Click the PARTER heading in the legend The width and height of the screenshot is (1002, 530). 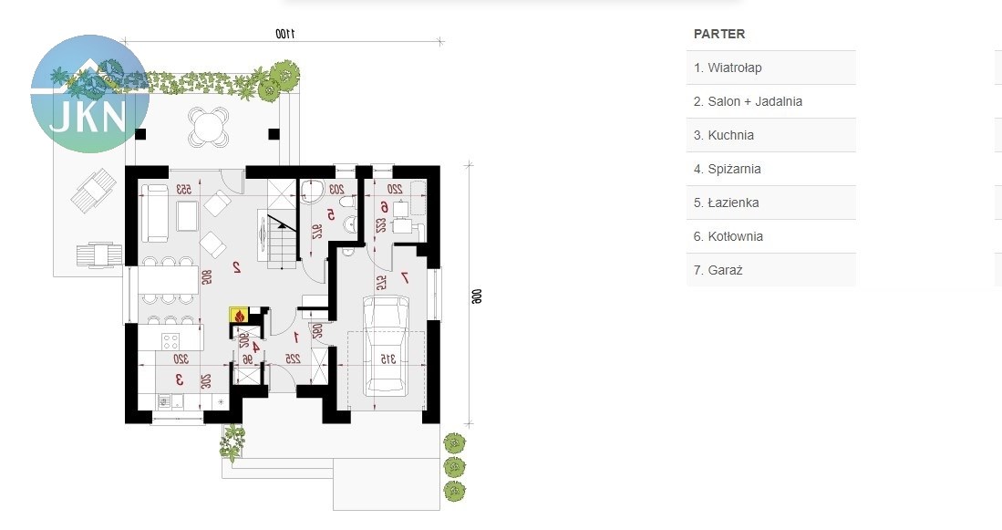[x=719, y=34]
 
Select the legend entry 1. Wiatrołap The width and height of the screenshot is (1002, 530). [x=728, y=68]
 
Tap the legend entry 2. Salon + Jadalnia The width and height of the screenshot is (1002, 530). [x=748, y=101]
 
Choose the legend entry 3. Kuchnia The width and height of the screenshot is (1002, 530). [x=724, y=135]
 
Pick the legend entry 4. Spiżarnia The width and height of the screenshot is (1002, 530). [x=727, y=169]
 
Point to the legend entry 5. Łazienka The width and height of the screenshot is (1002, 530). [x=726, y=203]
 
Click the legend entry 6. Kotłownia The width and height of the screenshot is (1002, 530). [x=728, y=236]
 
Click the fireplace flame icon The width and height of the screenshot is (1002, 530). [x=240, y=315]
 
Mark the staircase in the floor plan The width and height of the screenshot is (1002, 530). [x=279, y=237]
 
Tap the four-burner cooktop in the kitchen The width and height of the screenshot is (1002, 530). [x=171, y=342]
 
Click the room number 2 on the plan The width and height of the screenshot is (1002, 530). [x=236, y=267]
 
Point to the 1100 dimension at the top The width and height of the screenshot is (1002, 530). [x=286, y=34]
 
